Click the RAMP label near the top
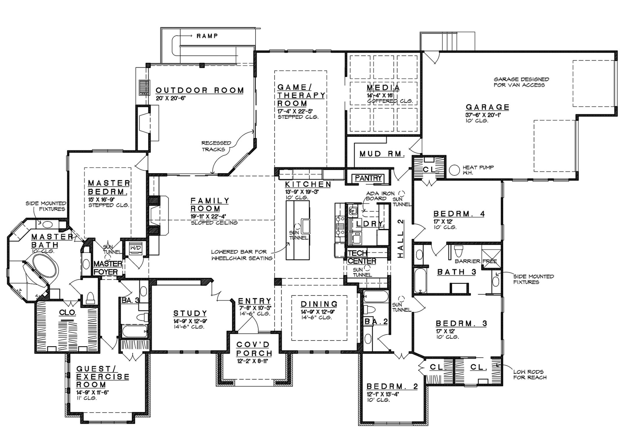207,36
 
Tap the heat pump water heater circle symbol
454,170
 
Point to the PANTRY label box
368,178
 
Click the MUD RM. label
382,154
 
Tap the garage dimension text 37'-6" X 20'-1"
483,115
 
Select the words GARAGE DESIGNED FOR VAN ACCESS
521,82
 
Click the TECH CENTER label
361,257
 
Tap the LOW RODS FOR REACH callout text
530,374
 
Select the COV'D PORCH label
254,349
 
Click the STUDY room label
190,313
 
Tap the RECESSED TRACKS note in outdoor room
216,146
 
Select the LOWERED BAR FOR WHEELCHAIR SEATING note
242,255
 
